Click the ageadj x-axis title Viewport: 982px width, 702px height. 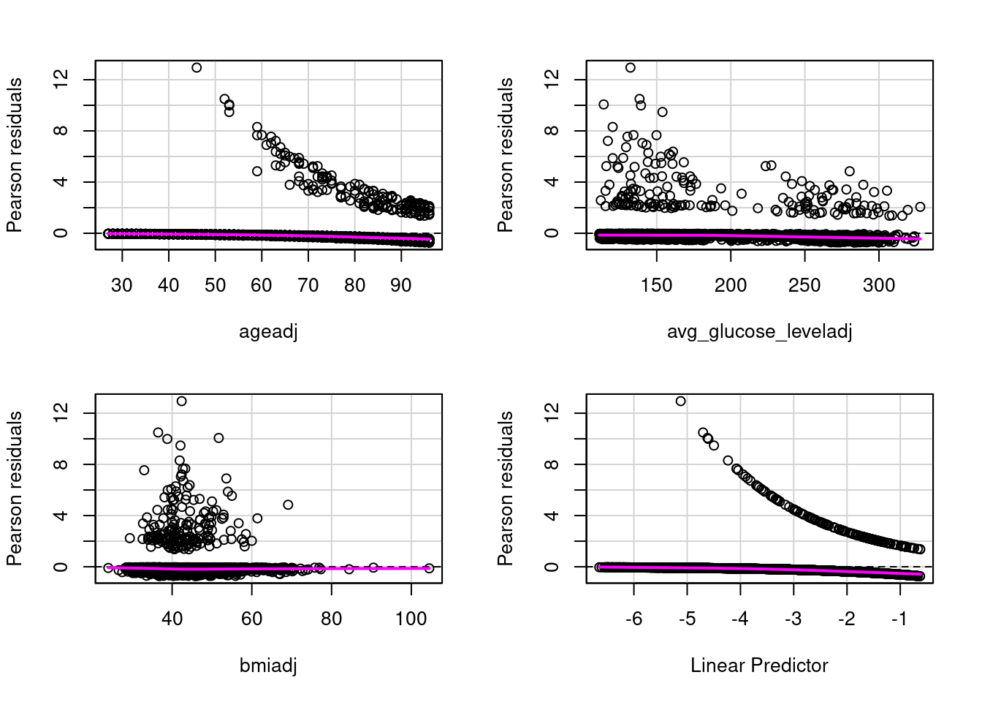268,332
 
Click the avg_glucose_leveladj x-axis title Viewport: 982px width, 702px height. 759,332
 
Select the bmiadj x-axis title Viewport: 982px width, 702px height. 268,665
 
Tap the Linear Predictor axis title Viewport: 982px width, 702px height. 759,665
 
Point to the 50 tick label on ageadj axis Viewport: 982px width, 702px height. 215,285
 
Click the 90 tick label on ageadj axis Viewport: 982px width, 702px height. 401,285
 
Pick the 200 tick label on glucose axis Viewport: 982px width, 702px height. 731,285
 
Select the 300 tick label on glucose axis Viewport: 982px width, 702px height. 878,285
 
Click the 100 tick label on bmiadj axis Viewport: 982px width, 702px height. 411,619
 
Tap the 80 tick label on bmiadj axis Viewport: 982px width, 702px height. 331,619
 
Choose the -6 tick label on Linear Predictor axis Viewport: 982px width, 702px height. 633,619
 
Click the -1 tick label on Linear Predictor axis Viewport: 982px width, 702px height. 899,619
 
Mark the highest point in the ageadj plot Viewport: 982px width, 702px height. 197,67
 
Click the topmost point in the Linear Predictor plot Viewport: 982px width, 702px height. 680,401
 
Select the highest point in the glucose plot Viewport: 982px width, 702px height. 630,67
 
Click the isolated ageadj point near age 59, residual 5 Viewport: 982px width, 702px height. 257,171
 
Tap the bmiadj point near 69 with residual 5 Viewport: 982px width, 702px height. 288,505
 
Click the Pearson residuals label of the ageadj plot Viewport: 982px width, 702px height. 15,155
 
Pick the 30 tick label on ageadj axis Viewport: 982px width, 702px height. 122,285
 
